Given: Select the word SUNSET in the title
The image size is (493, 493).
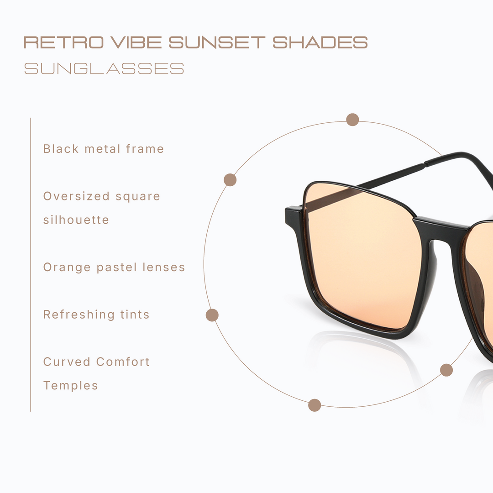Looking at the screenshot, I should click(x=217, y=42).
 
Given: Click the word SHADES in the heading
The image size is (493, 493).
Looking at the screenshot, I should click(x=320, y=42).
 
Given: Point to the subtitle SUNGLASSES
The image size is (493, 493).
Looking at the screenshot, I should click(x=104, y=69).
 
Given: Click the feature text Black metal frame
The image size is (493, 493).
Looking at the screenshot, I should click(x=104, y=149).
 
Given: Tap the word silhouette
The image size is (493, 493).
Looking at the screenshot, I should click(x=76, y=220).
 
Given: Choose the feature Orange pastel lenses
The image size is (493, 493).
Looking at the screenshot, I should click(x=114, y=267).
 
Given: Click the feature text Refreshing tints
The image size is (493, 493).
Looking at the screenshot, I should click(x=96, y=315).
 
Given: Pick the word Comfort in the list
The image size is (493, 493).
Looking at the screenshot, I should click(x=123, y=362).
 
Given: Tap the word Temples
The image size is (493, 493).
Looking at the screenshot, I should click(x=71, y=386).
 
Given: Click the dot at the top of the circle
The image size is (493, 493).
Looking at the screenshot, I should click(x=352, y=120).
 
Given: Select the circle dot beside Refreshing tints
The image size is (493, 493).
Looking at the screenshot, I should click(x=212, y=315).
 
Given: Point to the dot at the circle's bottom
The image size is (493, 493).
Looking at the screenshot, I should click(x=315, y=405).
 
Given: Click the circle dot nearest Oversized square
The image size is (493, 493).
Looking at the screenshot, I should click(x=230, y=180).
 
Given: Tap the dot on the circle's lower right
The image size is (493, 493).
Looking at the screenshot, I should click(x=446, y=370).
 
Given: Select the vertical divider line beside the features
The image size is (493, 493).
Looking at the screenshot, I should click(x=31, y=265).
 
